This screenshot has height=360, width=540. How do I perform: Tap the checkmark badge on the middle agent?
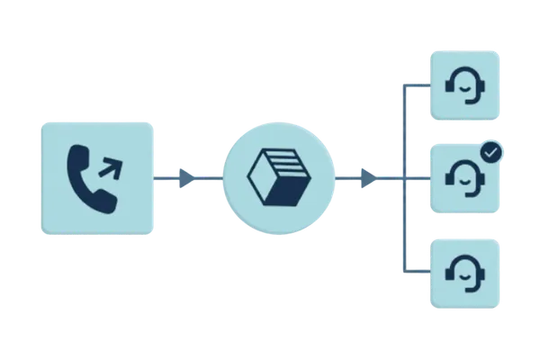coord(490,154)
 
